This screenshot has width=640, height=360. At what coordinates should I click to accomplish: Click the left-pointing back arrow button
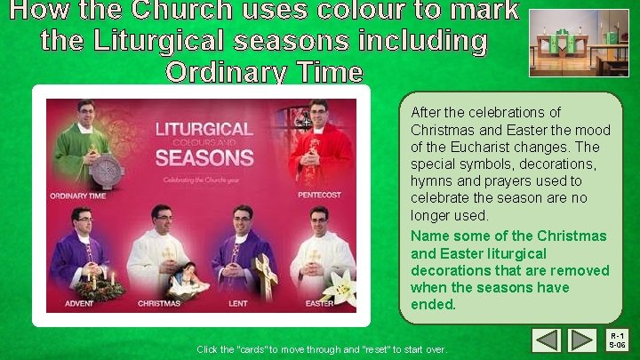coord(548,340)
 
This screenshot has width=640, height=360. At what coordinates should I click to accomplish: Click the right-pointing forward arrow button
coord(582,340)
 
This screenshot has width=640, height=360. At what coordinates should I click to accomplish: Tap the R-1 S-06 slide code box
coord(619,340)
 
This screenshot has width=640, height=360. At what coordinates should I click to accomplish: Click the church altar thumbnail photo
coord(579,43)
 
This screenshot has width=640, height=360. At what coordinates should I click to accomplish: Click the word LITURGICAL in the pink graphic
coord(204,129)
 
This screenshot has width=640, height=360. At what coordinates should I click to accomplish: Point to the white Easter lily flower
coord(340,287)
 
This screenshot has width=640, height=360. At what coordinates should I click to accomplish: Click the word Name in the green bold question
coord(429,236)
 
